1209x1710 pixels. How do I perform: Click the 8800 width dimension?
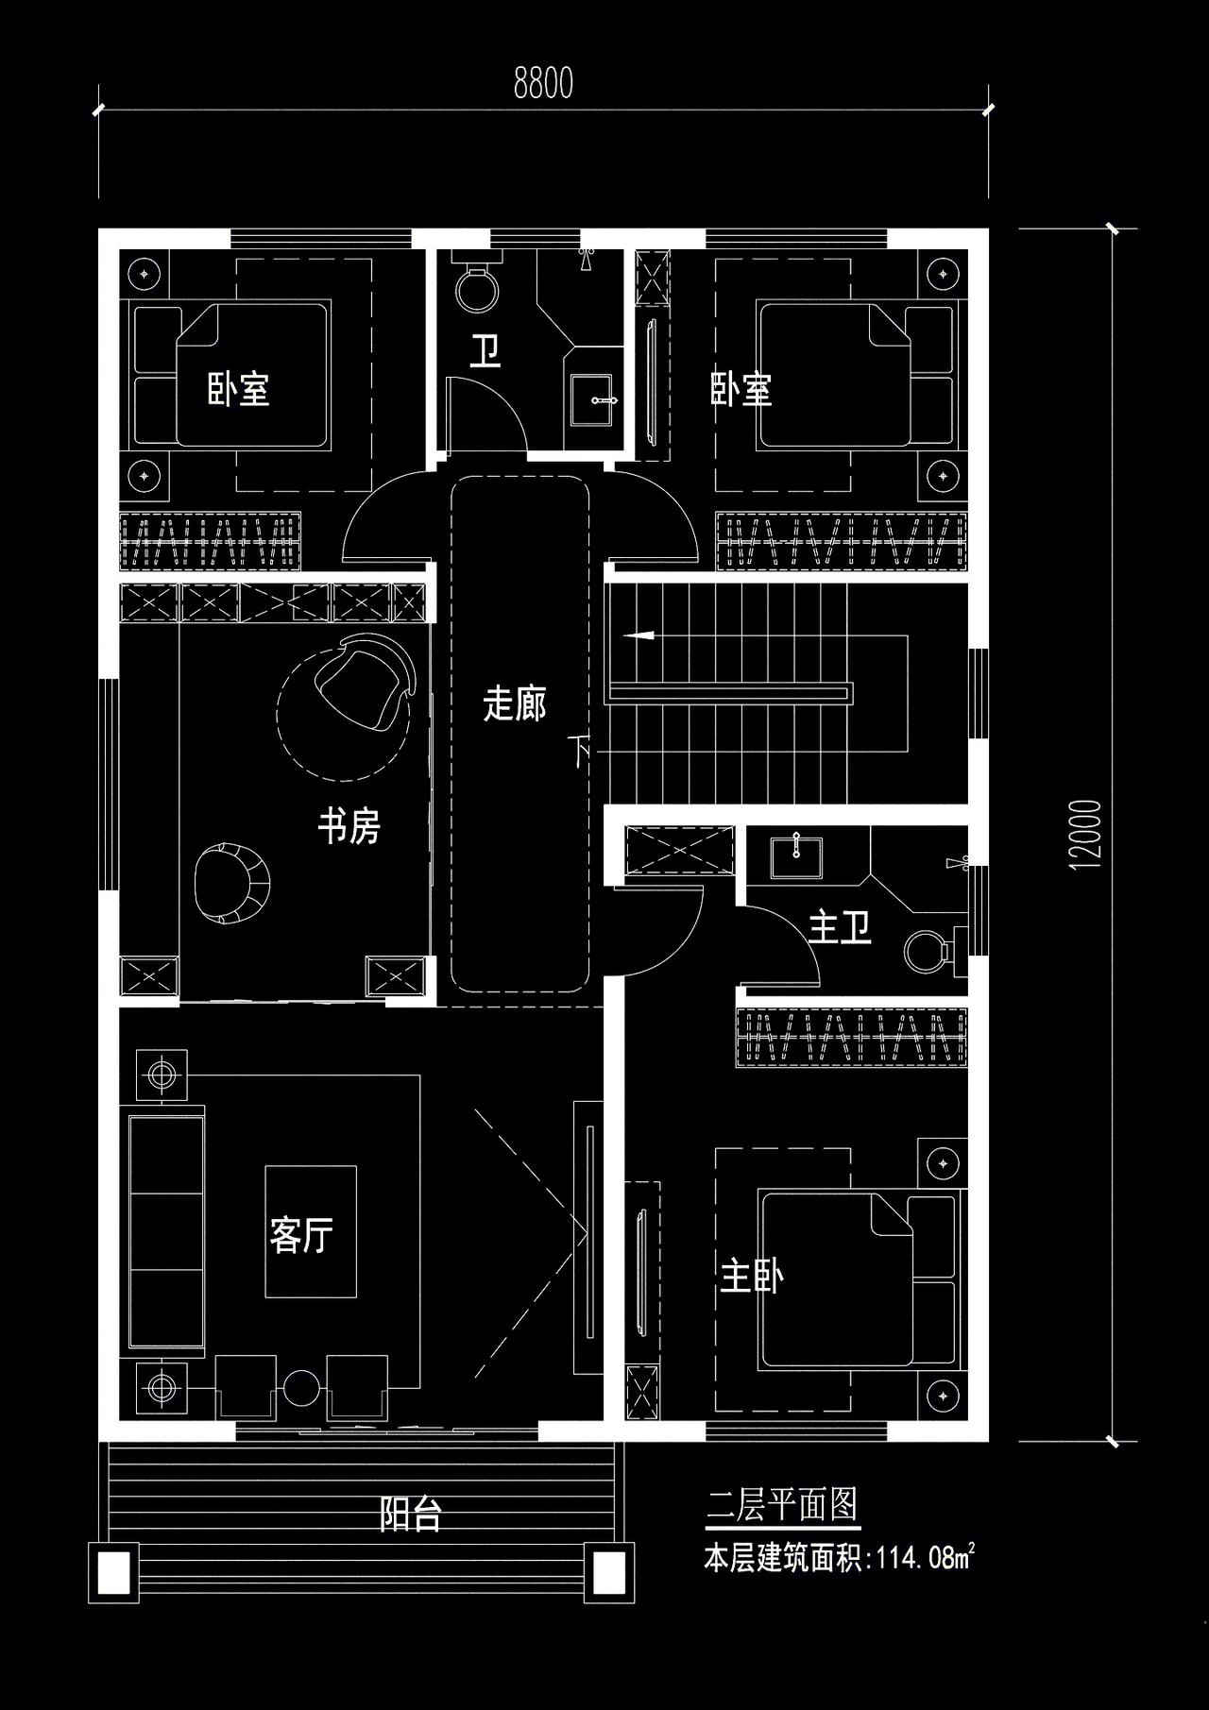(543, 85)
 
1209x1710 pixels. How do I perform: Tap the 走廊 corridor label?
(515, 703)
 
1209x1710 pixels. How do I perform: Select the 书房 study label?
(349, 827)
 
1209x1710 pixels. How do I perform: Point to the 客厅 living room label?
(301, 1235)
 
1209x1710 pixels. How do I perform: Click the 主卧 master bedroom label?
(752, 1277)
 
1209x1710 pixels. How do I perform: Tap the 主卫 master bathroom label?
(840, 928)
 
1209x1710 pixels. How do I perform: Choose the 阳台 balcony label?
(410, 1514)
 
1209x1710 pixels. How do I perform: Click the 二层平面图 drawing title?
(783, 1505)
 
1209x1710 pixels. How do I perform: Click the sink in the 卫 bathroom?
(595, 399)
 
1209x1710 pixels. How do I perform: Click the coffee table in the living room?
(311, 1231)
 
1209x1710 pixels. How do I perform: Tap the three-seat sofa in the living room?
(166, 1235)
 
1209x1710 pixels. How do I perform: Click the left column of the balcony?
(113, 1573)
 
